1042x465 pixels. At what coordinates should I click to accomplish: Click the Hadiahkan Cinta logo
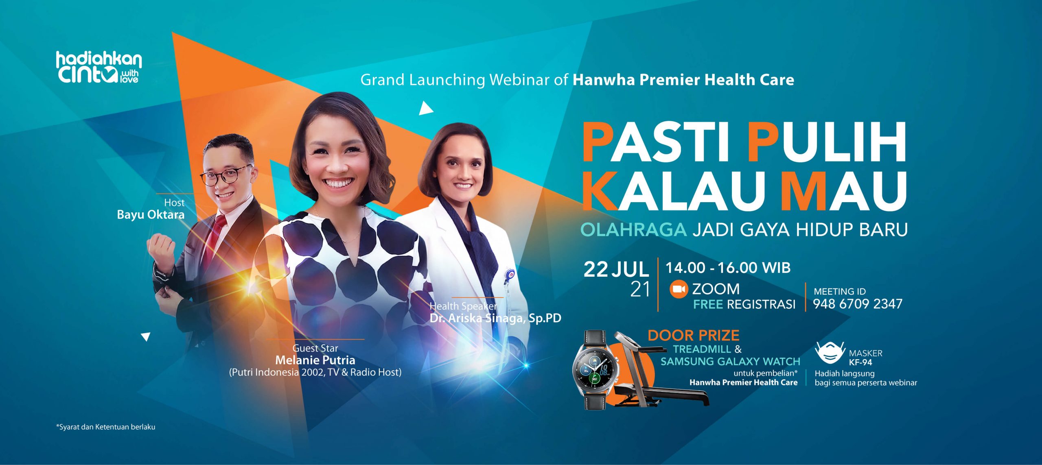tap(99, 68)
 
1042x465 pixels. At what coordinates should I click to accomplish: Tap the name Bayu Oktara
tap(151, 215)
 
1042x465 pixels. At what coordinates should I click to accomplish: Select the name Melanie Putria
tap(315, 360)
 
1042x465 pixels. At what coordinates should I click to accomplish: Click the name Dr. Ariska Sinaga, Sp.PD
tap(495, 318)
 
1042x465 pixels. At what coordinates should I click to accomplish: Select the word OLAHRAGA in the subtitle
tap(633, 230)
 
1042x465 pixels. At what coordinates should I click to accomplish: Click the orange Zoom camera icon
tap(679, 289)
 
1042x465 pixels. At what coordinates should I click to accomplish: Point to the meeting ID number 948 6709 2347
tap(858, 304)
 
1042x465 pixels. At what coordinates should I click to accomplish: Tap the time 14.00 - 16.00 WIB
tap(728, 268)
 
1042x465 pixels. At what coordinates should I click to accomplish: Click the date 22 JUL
tap(616, 269)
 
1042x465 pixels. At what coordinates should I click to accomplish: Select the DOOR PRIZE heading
tap(693, 335)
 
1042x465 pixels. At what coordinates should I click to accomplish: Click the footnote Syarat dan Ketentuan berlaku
tap(106, 427)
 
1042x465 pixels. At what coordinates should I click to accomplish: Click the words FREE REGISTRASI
tap(744, 304)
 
